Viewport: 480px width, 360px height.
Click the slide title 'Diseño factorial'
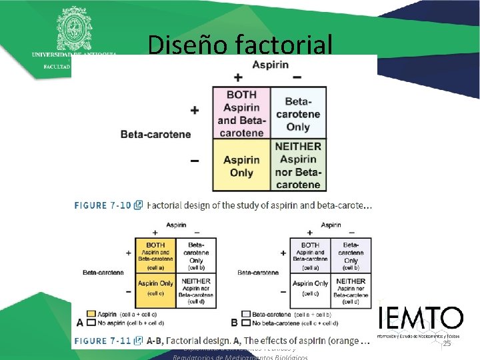pos(239,45)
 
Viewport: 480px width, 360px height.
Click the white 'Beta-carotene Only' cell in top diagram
pos(298,112)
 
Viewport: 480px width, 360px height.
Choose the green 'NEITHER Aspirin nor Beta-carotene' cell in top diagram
pos(298,165)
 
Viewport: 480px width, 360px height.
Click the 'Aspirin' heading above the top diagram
pos(270,63)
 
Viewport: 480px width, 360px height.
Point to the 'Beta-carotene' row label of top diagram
pos(155,135)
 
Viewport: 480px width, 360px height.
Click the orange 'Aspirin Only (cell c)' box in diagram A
pos(155,288)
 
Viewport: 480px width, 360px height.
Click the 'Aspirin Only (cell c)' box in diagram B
pos(310,288)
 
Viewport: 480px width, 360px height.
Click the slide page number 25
pos(447,343)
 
